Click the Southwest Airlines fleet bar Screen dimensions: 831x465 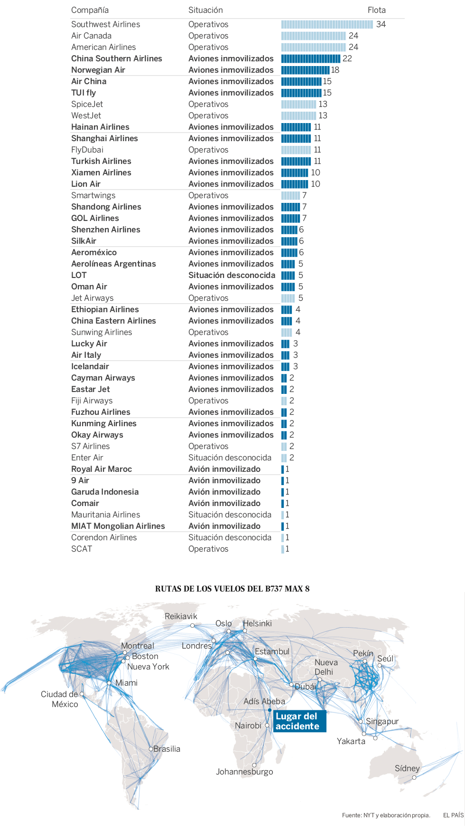tap(327, 24)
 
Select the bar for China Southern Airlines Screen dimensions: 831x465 tap(311, 58)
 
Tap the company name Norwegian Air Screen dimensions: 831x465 tap(98, 70)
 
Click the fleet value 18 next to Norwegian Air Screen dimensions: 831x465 tap(335, 70)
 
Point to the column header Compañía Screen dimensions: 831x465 tap(90, 10)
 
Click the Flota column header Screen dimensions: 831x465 tap(376, 10)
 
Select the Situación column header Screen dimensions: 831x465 tap(205, 10)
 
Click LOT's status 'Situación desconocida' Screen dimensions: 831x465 tap(232, 275)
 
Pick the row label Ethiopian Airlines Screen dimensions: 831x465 tap(105, 309)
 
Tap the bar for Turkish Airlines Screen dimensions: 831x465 tap(296, 161)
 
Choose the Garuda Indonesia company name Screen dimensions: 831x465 tap(105, 492)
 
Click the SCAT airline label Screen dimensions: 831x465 tap(82, 549)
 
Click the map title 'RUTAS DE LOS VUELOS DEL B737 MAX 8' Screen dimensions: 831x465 tap(232, 589)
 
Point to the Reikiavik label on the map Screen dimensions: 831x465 tap(181, 616)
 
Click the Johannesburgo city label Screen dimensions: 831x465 tap(244, 772)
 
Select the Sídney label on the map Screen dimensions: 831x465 tap(407, 768)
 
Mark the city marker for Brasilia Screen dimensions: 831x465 tap(151, 749)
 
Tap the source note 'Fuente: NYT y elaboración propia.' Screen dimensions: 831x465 tap(386, 815)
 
